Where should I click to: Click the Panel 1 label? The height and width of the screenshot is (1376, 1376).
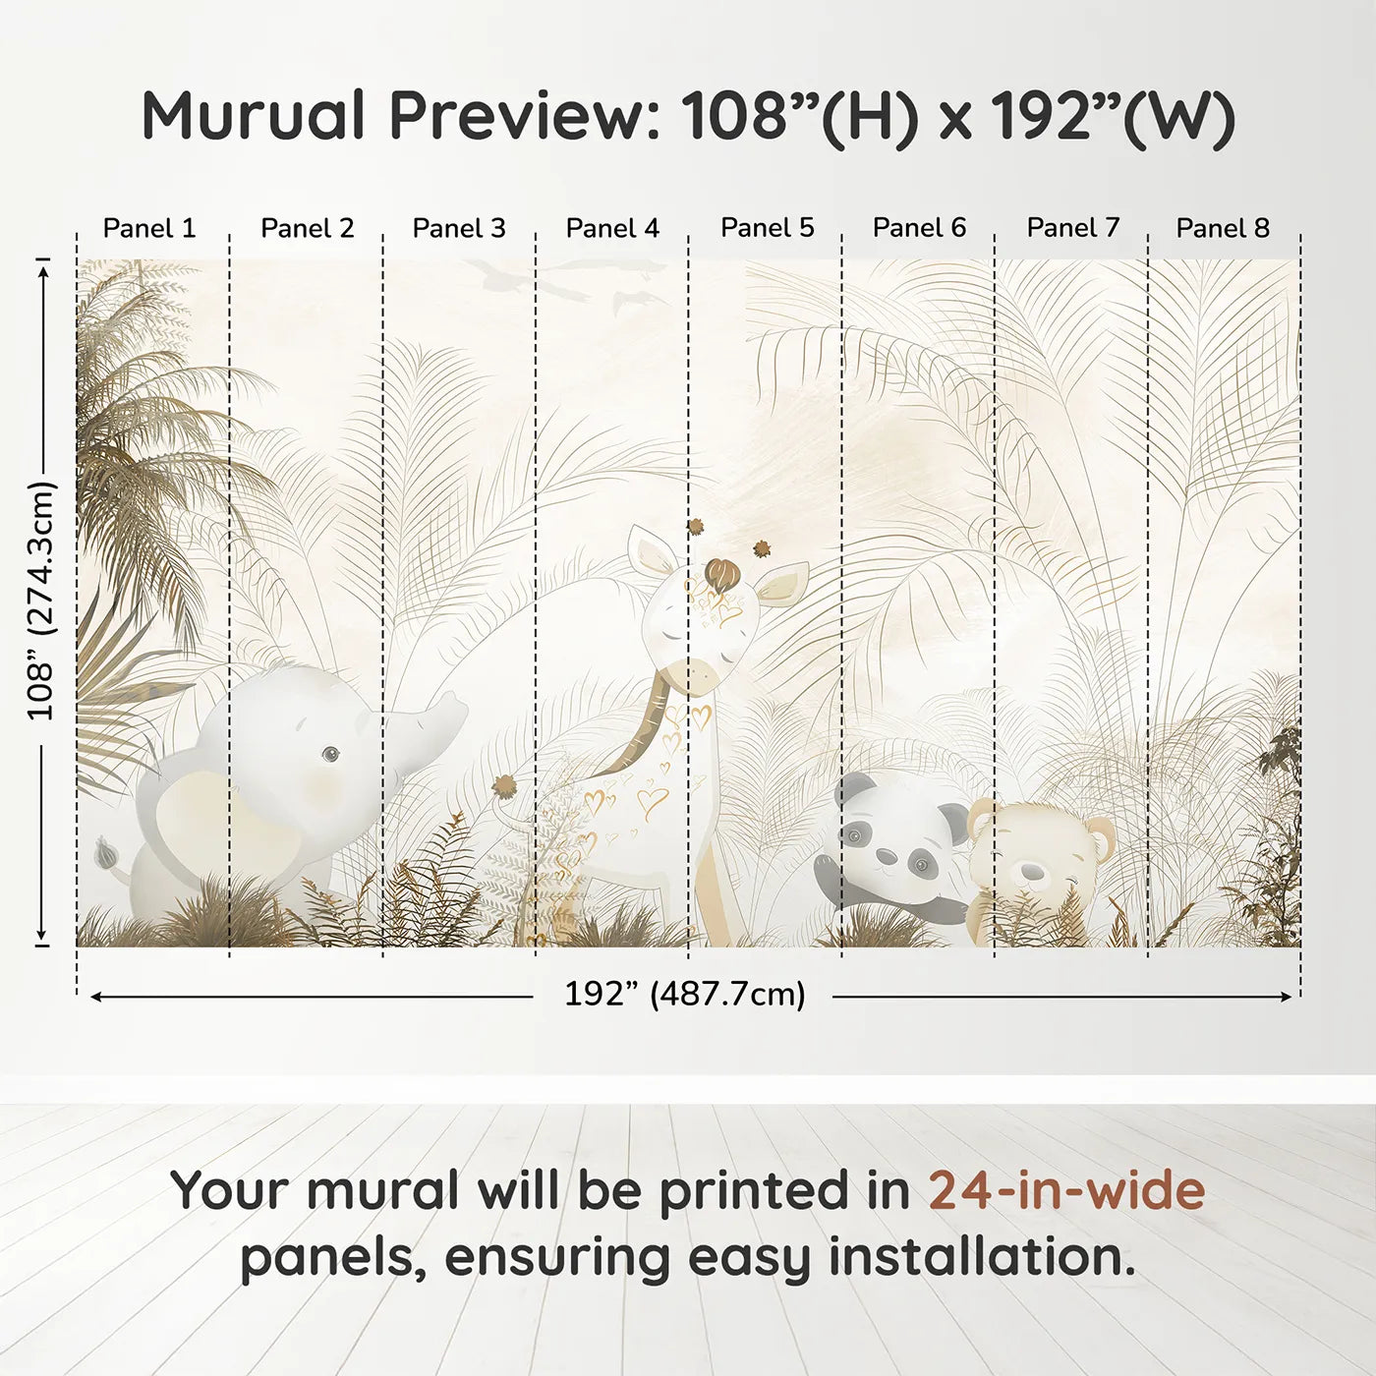click(149, 228)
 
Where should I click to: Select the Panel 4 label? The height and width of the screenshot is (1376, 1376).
click(612, 228)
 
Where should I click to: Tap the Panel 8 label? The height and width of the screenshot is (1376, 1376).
click(1223, 228)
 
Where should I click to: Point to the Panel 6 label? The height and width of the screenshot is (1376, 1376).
click(919, 228)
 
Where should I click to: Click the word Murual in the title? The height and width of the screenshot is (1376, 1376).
click(254, 116)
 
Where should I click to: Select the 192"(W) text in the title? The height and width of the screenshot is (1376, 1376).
click(1112, 116)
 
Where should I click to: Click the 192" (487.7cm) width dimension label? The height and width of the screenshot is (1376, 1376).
click(684, 994)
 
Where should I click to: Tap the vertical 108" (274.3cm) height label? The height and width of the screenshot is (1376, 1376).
click(41, 601)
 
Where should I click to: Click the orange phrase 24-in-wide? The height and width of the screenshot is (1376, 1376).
click(1066, 1190)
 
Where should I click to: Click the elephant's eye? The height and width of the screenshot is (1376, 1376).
click(331, 754)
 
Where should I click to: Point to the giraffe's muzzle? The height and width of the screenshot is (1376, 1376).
click(696, 675)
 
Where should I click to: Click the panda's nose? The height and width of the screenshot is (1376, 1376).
click(887, 856)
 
